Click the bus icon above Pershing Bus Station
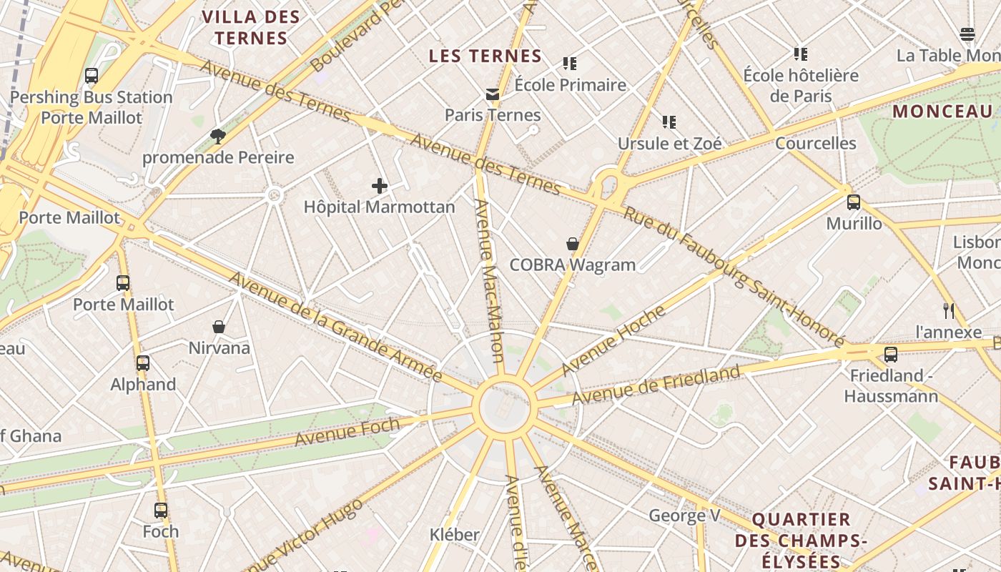92,76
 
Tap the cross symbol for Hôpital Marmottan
380,187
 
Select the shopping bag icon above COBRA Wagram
573,244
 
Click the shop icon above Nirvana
219,327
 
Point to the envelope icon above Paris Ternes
492,94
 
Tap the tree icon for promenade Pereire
217,136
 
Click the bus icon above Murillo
853,202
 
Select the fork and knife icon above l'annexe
949,311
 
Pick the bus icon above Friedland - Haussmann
890,354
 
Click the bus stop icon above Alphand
143,363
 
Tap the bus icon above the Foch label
161,511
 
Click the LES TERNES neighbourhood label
485,56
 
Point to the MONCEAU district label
942,112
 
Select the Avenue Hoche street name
613,340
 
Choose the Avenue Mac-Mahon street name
489,280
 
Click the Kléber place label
455,534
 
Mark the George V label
684,516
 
